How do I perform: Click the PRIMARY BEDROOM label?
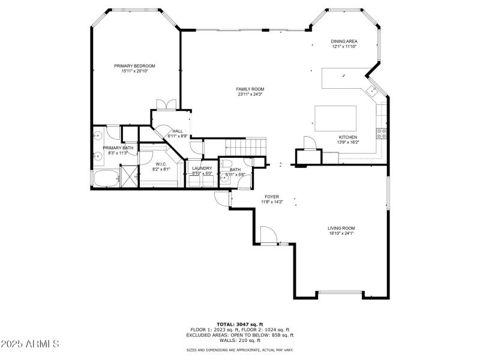point(134,65)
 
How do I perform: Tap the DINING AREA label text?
point(344,41)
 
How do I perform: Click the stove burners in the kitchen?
point(380,132)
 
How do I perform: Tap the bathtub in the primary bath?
point(105,178)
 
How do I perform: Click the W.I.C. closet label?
point(161,164)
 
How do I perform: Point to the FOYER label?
point(272,197)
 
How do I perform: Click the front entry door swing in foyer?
point(268,235)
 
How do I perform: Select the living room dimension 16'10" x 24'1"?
point(341,233)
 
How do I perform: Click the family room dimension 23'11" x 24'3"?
point(250,94)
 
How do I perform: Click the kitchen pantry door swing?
point(309,143)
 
